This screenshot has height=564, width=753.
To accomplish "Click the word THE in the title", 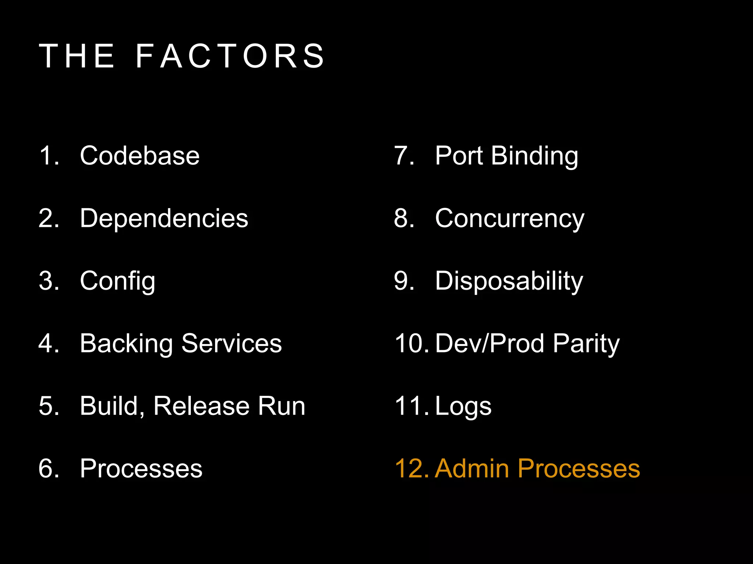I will tap(77, 56).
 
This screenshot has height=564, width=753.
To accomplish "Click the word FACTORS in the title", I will tap(230, 56).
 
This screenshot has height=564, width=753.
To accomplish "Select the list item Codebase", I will tap(140, 156).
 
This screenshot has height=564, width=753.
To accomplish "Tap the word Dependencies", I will tap(164, 218).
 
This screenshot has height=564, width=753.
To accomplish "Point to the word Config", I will tap(118, 281).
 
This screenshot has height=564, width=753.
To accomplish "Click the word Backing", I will tap(126, 344).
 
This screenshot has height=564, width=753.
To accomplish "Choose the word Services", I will tap(232, 344).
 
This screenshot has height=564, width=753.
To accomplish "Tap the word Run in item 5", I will tap(281, 406).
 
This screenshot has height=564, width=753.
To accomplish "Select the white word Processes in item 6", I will tap(141, 469).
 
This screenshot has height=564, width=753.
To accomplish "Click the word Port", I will tap(458, 156).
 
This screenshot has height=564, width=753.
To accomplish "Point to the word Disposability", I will tap(509, 281).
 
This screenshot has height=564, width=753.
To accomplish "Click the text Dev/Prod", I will tap(489, 344).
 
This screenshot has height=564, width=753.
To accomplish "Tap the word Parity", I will tap(586, 344).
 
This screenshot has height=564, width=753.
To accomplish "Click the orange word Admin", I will tap(472, 469).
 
